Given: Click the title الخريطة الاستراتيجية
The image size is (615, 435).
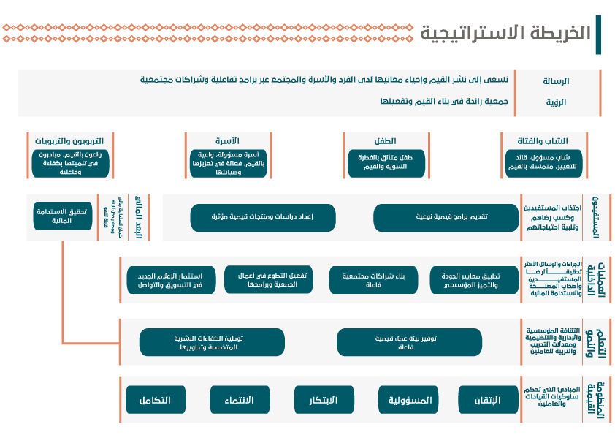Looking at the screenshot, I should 505,33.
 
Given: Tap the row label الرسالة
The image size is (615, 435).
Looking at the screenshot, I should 555,81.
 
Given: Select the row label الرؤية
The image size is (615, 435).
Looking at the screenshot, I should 556,102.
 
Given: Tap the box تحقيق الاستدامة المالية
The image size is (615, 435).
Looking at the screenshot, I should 63,216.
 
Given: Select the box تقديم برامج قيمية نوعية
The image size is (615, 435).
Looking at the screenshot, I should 442,217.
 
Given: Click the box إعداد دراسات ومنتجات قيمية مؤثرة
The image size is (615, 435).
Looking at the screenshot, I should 263,217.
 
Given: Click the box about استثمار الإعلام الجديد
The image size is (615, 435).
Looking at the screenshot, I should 170,280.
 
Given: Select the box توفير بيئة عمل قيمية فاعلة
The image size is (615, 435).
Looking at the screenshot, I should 409,342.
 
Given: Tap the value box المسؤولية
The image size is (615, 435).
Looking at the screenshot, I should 409,400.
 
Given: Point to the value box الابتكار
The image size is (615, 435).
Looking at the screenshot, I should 325,400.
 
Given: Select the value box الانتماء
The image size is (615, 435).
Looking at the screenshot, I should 241,400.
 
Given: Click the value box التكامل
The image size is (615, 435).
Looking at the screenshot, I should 156,400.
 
